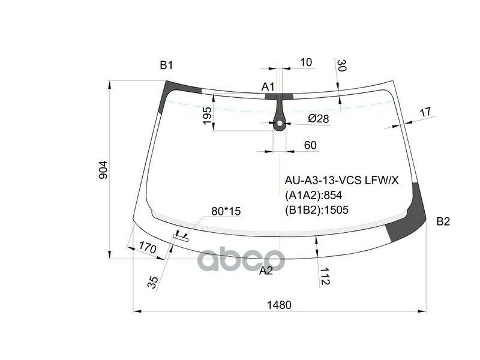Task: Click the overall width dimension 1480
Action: click(279, 305)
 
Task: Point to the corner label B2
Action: click(443, 221)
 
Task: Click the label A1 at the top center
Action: click(268, 87)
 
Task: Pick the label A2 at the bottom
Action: click(266, 271)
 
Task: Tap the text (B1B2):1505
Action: click(316, 209)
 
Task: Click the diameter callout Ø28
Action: click(319, 119)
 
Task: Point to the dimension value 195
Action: click(207, 116)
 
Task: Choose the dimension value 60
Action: click(310, 145)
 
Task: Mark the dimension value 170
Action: click(148, 248)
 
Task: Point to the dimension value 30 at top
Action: click(342, 65)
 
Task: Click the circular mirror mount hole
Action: click(280, 125)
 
